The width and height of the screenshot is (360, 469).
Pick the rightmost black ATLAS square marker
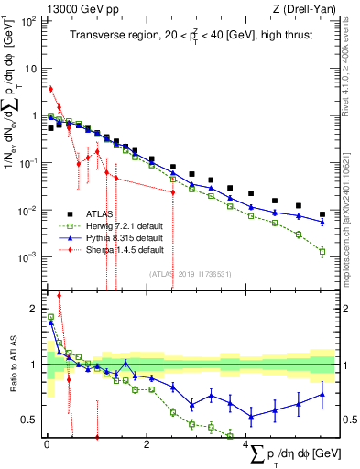[322, 214]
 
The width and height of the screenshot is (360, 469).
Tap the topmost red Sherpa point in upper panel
[50, 89]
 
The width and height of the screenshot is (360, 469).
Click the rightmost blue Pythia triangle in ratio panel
[322, 395]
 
